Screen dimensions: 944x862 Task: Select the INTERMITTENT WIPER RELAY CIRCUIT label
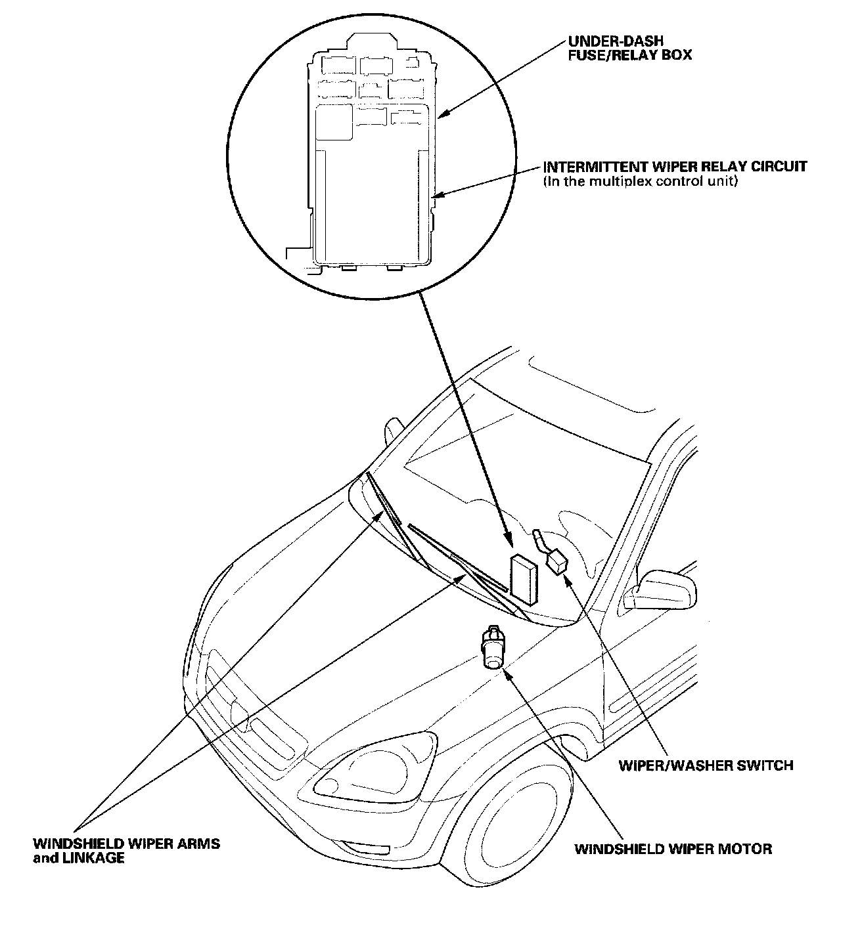pyautogui.click(x=675, y=167)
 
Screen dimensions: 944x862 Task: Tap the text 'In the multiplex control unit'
pyautogui.click(x=641, y=181)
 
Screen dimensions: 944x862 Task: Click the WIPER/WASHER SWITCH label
pyautogui.click(x=706, y=765)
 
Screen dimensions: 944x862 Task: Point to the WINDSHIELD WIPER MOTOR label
pyautogui.click(x=673, y=849)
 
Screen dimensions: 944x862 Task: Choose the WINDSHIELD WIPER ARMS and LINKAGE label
pyautogui.click(x=127, y=850)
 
